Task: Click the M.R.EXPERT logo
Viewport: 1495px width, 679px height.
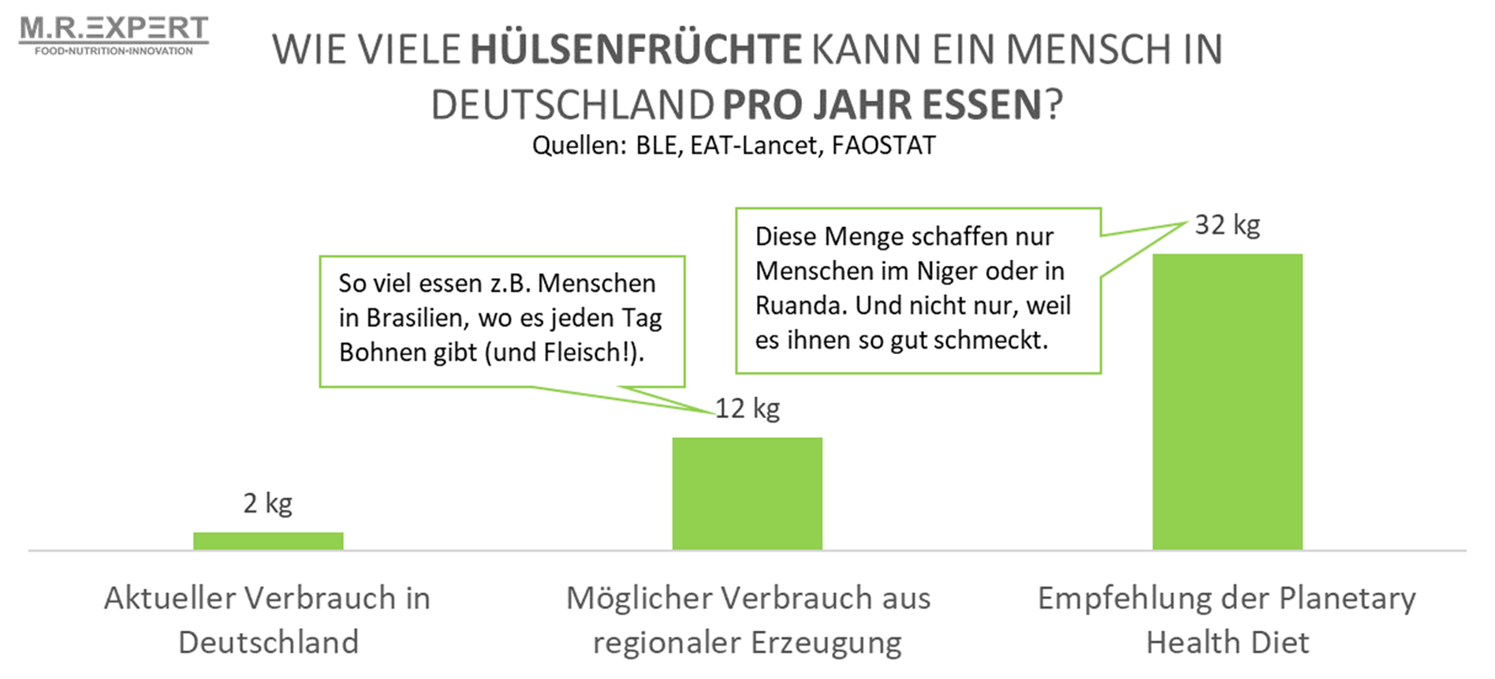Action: click(x=114, y=30)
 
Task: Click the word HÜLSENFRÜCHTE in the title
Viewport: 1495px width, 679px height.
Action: click(x=636, y=50)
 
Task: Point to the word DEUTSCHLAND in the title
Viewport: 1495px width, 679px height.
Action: click(x=572, y=105)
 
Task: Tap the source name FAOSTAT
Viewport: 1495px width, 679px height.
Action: click(x=883, y=146)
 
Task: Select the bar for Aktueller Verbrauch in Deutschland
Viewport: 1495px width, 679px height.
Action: click(x=268, y=541)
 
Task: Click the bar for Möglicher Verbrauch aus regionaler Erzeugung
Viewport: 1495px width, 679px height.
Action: click(x=747, y=494)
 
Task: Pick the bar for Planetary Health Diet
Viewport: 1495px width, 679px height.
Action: click(x=1227, y=402)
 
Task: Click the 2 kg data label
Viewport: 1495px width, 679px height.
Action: click(x=268, y=503)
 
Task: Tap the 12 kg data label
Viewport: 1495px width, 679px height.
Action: click(x=747, y=409)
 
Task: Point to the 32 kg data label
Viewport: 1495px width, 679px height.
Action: click(x=1227, y=226)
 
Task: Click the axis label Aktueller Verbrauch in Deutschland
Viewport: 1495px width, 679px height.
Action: click(x=268, y=620)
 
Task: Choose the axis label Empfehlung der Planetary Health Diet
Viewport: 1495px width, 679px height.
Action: click(x=1227, y=620)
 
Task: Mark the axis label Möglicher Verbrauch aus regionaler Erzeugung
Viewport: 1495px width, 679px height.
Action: click(x=747, y=620)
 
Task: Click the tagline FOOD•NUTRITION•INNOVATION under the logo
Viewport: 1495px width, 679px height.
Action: click(x=114, y=51)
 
